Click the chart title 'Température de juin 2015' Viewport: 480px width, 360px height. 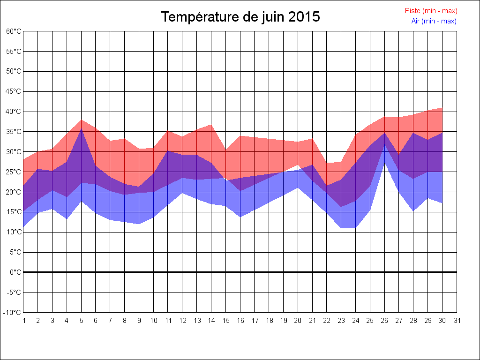coord(240,17)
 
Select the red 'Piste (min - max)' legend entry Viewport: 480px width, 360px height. coord(431,11)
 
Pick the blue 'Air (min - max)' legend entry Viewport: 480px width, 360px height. coord(434,21)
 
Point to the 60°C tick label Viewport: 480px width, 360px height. coord(14,31)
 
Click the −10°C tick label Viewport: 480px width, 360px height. coord(13,312)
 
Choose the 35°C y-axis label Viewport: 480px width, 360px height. coord(14,132)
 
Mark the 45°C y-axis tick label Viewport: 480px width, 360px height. coord(14,91)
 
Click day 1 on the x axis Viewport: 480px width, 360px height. coord(23,321)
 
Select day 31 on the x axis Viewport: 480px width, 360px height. coord(457,321)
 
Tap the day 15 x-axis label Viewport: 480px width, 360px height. coord(226,321)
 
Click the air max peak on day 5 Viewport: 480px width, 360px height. coord(82,129)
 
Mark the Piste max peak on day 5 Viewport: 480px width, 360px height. coord(82,120)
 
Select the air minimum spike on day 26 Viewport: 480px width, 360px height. coord(385,163)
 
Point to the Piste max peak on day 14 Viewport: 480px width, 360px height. coord(211,124)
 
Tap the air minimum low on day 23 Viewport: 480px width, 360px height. coord(342,228)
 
